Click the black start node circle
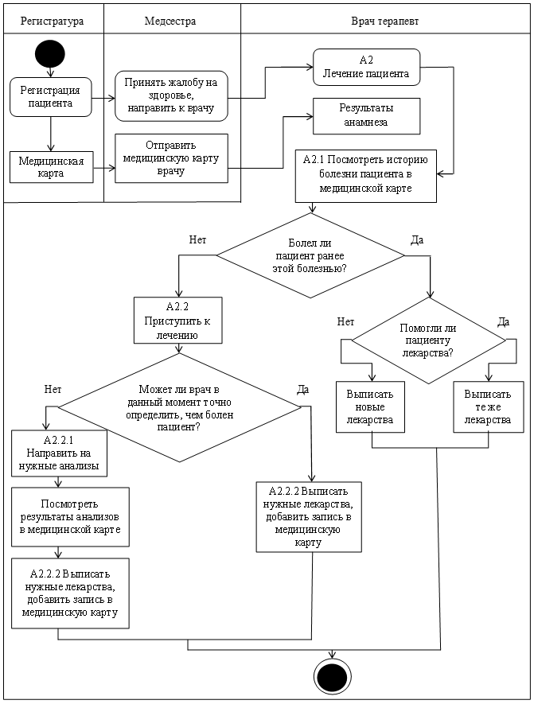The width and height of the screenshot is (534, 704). coord(50,54)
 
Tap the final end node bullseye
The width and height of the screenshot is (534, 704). coord(333,676)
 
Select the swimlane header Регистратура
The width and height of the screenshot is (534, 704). coord(52,21)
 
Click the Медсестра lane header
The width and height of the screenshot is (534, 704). coord(170,21)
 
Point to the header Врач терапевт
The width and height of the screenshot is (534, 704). coord(385,21)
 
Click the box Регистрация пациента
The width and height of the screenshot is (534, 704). coord(51,97)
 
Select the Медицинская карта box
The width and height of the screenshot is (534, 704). coord(51,167)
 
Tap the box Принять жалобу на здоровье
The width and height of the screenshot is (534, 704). coord(171,95)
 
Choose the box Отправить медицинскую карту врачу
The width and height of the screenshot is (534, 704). coord(171,158)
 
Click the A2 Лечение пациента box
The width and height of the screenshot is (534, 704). coord(367,68)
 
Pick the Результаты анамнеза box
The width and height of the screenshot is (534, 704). coord(367,116)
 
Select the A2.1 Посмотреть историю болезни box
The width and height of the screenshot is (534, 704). coord(365,176)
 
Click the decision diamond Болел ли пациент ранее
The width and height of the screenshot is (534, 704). coord(310,255)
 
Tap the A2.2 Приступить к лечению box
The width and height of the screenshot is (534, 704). coord(177,320)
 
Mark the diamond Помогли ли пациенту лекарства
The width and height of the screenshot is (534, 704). coord(428,340)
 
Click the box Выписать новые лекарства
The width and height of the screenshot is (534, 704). coord(370,407)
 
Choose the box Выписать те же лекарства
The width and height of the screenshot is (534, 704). coord(488,407)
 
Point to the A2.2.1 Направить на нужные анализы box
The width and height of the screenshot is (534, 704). coord(59,453)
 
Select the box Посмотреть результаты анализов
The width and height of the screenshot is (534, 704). coord(70,517)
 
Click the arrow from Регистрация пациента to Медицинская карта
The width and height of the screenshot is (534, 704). coord(51,134)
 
